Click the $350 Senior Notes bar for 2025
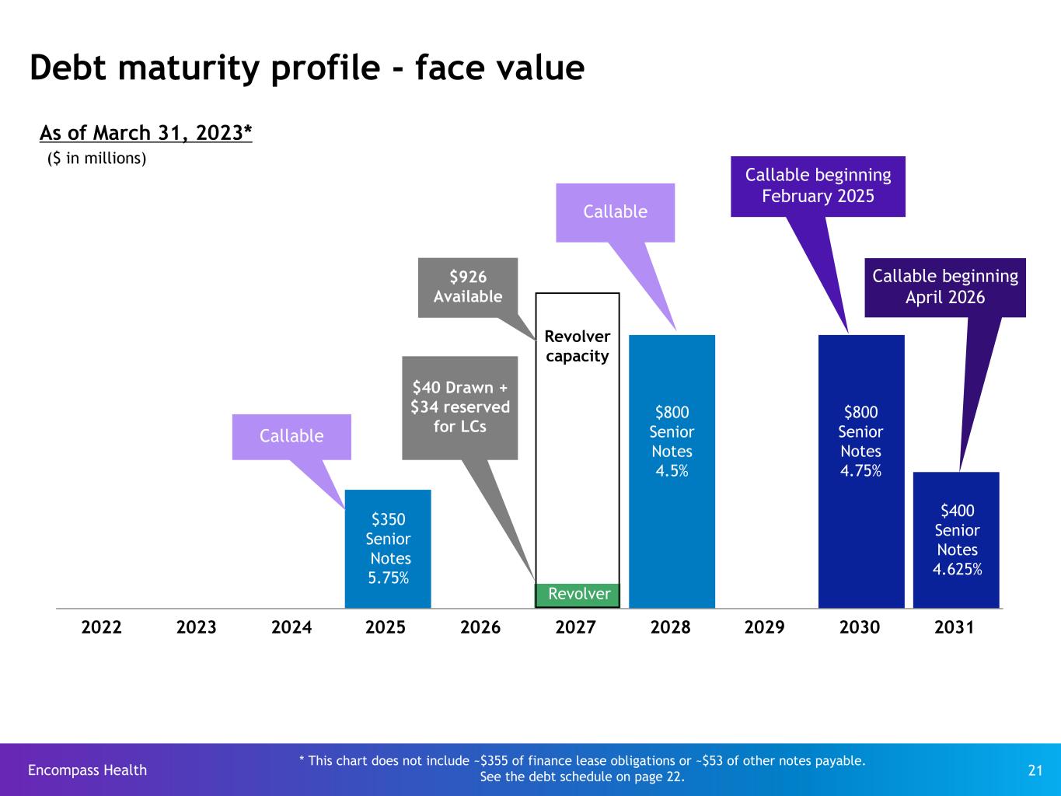point(388,548)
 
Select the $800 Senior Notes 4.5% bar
point(672,471)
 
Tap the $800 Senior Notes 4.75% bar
point(860,471)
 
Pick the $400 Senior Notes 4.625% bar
point(956,539)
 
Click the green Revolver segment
point(578,595)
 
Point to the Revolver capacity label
point(577,347)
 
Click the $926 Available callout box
point(467,287)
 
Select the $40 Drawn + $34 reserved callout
point(459,407)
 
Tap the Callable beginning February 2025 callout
point(818,186)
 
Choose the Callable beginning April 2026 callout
point(944,287)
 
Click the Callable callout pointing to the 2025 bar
point(291,436)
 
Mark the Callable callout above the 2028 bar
point(615,211)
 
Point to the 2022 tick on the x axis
point(102,627)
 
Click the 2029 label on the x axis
point(765,627)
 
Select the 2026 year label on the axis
point(480,627)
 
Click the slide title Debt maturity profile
point(306,68)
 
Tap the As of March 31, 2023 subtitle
point(146,133)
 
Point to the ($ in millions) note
point(97,159)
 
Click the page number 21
point(1035,770)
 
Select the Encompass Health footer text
point(87,770)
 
